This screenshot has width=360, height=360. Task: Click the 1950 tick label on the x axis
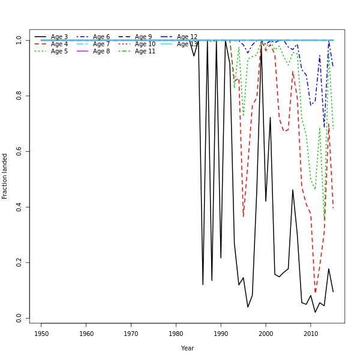point(41,334)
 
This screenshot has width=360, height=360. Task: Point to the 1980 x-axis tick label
point(176,334)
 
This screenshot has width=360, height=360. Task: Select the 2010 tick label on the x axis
point(311,334)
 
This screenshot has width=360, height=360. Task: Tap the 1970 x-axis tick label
point(131,334)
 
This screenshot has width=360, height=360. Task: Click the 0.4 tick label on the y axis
point(19,207)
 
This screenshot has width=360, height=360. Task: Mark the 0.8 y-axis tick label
point(19,96)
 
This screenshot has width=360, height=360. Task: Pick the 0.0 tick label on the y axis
point(19,318)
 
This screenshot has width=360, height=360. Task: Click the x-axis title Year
point(187,348)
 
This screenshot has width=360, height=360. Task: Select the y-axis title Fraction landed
point(5,176)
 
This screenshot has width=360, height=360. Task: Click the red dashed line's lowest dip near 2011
point(315,293)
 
